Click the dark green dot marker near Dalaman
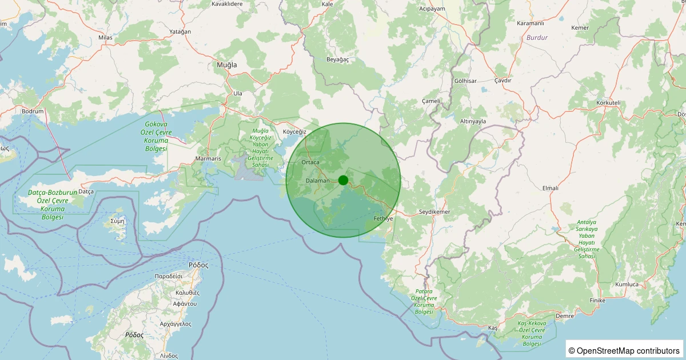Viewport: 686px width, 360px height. [343, 180]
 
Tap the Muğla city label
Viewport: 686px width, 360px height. [226, 65]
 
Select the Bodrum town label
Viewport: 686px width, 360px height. [32, 111]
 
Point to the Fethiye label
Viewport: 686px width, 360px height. [383, 219]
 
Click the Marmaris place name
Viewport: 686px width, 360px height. [208, 158]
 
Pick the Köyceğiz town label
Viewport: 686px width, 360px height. [295, 131]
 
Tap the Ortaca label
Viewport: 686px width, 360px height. [310, 162]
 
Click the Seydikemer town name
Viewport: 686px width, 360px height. [435, 212]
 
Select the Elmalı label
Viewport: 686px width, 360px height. [550, 188]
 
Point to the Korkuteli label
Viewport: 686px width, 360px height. [608, 102]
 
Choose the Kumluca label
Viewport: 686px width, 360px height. [627, 284]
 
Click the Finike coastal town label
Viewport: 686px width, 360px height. [597, 300]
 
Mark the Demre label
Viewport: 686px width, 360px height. [564, 315]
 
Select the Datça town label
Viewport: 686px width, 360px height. [85, 191]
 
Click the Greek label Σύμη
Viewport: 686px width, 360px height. [116, 221]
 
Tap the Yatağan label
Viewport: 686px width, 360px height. [180, 32]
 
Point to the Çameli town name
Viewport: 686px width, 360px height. [431, 101]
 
